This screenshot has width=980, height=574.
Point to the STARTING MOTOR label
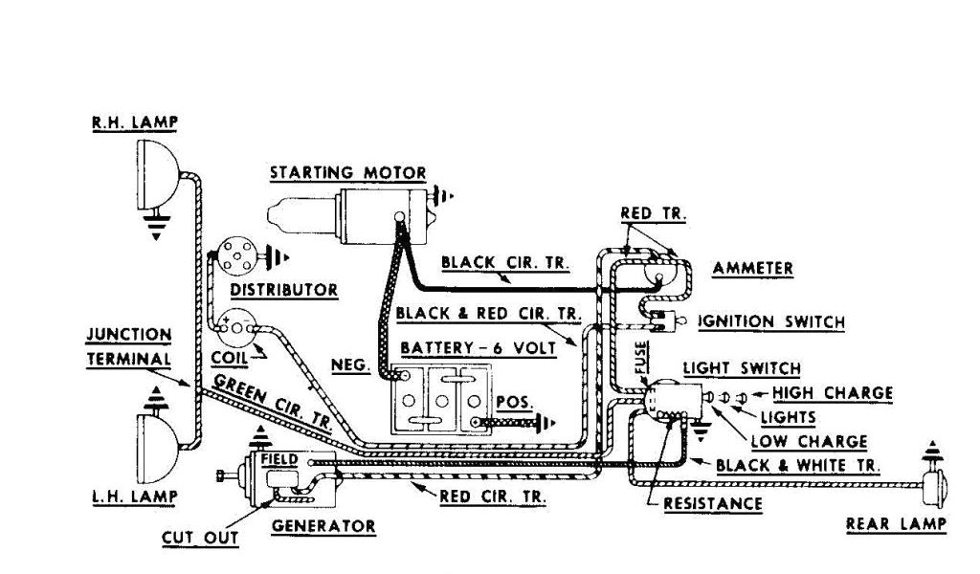coord(347,173)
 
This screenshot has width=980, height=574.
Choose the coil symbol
coord(234,328)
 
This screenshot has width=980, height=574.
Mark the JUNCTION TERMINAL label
coord(129,346)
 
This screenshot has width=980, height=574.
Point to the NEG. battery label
coord(347,364)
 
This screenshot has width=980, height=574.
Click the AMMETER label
coord(752,269)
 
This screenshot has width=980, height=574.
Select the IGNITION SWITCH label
coord(771,321)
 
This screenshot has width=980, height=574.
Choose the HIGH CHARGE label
coord(833,392)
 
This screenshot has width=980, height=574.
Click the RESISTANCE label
coord(713,503)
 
